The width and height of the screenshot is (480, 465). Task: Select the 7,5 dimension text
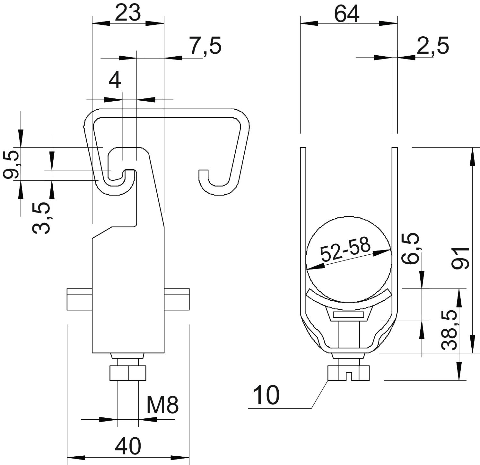tap(205, 46)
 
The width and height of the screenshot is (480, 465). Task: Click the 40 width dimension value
tap(128, 446)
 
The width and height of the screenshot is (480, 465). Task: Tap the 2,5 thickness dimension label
tap(432, 46)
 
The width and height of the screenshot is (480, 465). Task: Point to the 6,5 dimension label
tap(411, 248)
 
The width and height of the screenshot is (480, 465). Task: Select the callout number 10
tap(266, 395)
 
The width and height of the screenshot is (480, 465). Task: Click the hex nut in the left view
tap(128, 373)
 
